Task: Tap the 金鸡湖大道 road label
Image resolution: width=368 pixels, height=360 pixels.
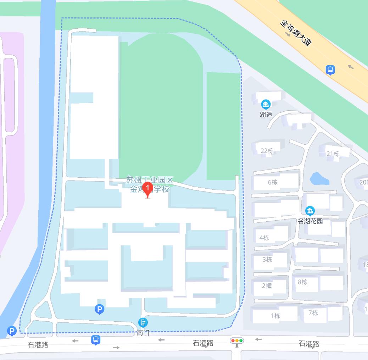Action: tap(296, 33)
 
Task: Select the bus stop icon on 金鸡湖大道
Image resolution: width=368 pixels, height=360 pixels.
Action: tap(330, 70)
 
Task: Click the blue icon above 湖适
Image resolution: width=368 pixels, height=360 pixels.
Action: tap(266, 104)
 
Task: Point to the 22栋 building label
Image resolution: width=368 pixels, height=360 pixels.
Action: tap(267, 151)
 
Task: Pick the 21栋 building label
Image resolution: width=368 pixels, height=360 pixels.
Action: tap(333, 154)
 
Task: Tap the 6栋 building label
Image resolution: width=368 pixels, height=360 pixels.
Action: tap(273, 182)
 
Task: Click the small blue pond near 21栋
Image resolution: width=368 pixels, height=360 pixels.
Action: tap(319, 179)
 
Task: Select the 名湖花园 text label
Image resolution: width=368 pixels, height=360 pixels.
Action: tap(310, 221)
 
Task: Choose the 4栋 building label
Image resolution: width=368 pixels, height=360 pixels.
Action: tap(264, 238)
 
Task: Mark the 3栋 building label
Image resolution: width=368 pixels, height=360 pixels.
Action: tap(267, 259)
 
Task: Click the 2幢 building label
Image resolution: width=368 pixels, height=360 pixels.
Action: tap(267, 286)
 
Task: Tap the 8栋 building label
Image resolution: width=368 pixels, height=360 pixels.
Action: tap(303, 282)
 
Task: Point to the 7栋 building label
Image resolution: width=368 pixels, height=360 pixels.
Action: tap(313, 312)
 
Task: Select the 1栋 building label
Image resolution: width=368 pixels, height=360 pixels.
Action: tap(275, 316)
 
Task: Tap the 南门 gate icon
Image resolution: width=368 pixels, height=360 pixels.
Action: tap(143, 322)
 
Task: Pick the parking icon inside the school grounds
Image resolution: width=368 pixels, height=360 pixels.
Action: tap(100, 310)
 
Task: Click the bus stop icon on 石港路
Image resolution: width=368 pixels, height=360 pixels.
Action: tap(95, 340)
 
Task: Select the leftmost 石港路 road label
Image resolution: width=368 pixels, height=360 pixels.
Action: tap(38, 345)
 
